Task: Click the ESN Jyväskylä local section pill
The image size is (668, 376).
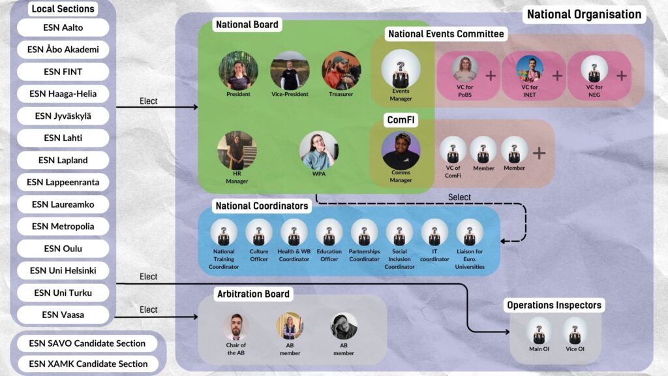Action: (x=63, y=116)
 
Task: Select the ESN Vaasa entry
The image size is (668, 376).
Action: (x=63, y=315)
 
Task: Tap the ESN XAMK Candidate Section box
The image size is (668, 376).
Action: (x=88, y=364)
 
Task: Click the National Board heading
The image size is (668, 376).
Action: (x=247, y=25)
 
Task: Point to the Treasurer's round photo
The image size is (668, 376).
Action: (x=341, y=70)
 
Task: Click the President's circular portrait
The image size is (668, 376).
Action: (x=238, y=70)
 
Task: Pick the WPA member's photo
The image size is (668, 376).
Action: (x=319, y=151)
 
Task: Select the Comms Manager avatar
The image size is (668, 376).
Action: (x=401, y=150)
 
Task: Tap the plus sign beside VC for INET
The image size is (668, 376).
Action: (x=557, y=76)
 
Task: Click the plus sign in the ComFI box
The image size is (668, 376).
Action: (x=539, y=153)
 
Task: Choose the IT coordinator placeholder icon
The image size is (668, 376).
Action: (x=434, y=233)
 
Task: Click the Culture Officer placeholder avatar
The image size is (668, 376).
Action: (x=259, y=233)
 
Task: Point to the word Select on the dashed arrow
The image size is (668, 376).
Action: (x=459, y=197)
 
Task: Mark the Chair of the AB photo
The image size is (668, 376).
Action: (x=236, y=326)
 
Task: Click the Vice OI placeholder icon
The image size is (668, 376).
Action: (x=575, y=331)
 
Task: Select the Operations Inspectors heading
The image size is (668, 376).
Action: (x=554, y=305)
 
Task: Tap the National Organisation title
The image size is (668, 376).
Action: (x=584, y=14)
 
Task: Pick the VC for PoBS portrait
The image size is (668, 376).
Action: (x=464, y=69)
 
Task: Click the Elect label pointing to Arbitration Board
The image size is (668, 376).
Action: (x=149, y=310)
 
